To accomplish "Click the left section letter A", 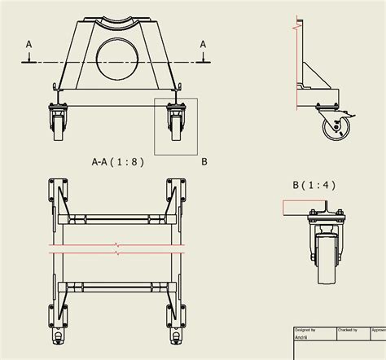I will (29, 44).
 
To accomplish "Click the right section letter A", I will (204, 44).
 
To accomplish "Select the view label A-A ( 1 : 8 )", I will (117, 161).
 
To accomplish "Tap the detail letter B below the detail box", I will (204, 161).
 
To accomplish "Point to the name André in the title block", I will (301, 336).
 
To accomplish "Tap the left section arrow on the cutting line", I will (29, 57).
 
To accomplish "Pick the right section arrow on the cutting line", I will (204, 57).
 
